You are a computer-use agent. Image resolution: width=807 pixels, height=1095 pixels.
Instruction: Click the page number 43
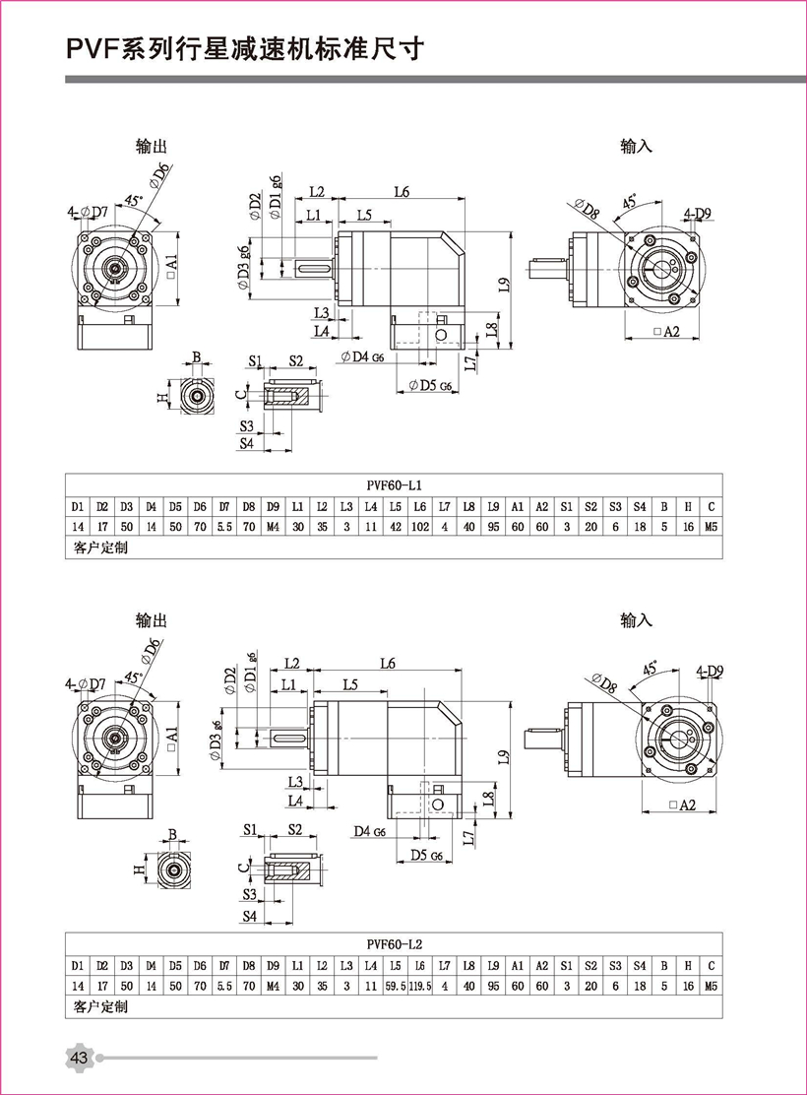[x=79, y=1058]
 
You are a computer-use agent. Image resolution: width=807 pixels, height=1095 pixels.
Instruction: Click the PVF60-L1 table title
[x=394, y=484]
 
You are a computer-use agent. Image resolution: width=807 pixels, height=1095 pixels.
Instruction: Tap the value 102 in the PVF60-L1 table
[x=419, y=527]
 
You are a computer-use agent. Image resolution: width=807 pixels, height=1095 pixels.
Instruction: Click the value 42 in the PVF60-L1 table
[x=395, y=527]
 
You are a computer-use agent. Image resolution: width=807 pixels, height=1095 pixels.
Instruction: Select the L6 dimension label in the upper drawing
[x=401, y=191]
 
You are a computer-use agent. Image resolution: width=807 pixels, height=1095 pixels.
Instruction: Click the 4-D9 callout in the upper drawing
[x=699, y=213]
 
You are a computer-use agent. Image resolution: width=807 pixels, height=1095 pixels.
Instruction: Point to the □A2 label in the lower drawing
[x=681, y=805]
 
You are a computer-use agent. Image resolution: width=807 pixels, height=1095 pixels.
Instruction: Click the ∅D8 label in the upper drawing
[x=586, y=210]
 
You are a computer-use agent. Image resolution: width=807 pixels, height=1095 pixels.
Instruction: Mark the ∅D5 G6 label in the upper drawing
[x=427, y=384]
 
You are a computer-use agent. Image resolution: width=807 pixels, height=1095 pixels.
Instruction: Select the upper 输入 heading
[x=637, y=146]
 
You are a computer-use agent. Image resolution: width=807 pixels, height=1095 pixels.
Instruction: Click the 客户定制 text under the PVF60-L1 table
[x=100, y=547]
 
